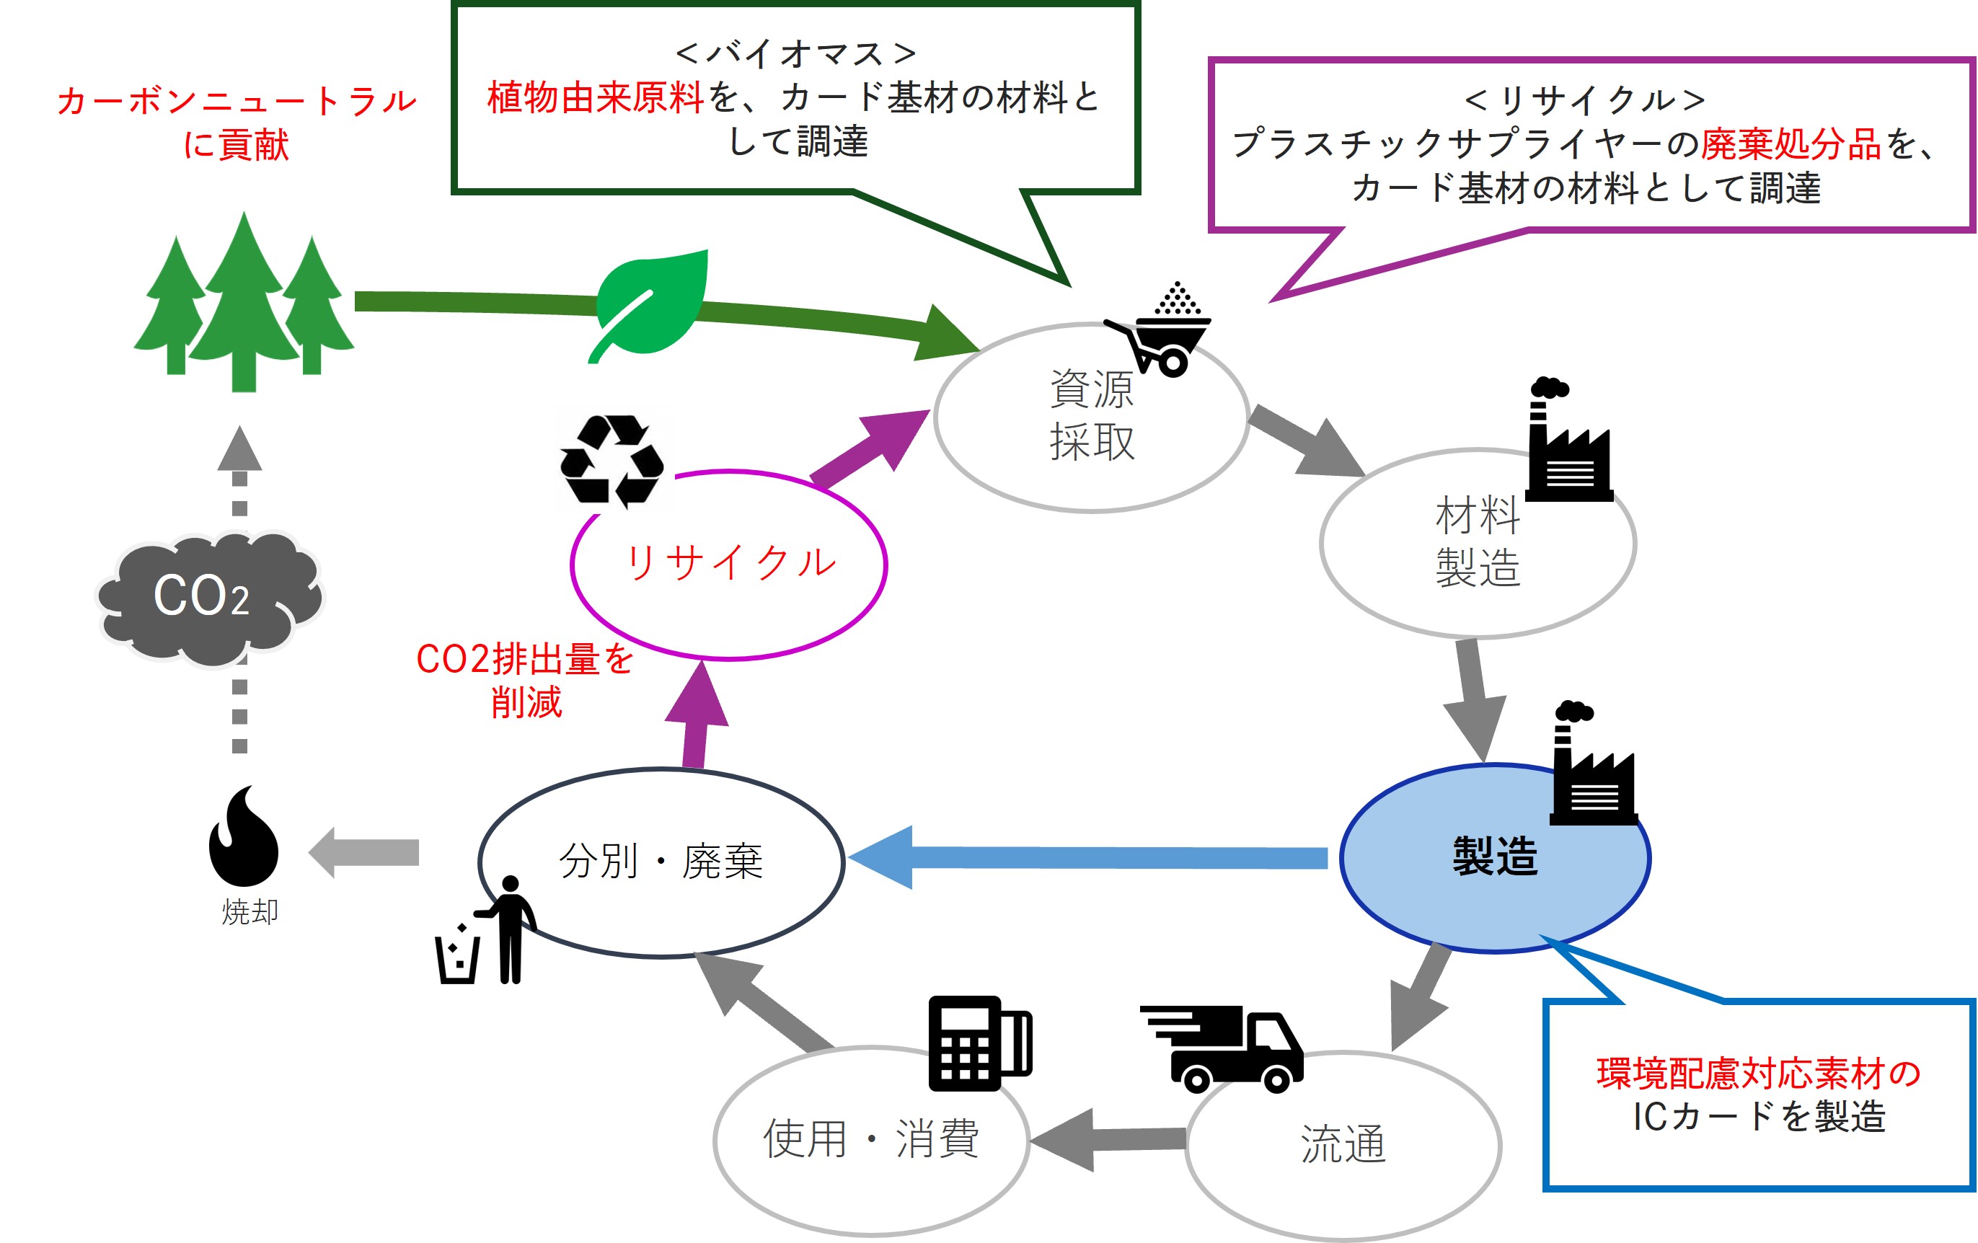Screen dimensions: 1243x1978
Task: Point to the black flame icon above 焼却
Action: click(243, 837)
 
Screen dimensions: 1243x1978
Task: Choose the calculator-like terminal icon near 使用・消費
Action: click(979, 1043)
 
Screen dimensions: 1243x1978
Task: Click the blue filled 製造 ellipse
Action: click(1494, 859)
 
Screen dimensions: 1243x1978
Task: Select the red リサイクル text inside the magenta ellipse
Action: click(730, 564)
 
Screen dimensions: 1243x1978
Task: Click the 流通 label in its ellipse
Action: click(1343, 1144)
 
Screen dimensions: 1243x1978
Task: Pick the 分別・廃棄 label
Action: click(661, 862)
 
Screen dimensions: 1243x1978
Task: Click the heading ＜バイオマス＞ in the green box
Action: click(795, 54)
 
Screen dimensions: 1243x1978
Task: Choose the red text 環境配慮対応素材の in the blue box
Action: click(1759, 1074)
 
